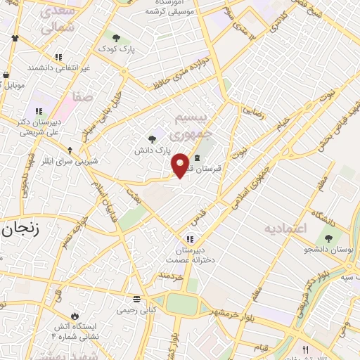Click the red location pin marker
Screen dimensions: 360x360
(181, 166)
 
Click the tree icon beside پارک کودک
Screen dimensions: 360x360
(115, 37)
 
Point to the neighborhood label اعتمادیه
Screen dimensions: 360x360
(286, 229)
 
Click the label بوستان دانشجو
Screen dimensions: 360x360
(328, 250)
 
